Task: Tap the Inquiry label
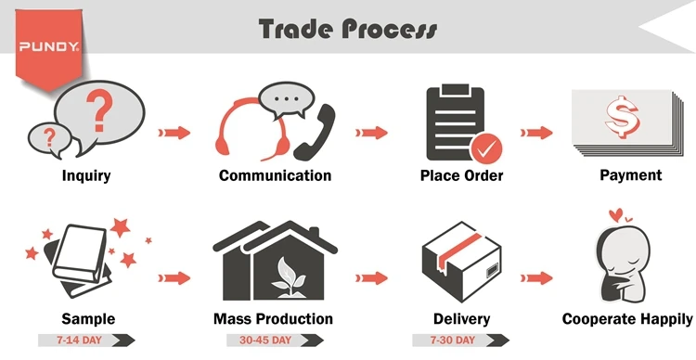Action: [85, 174]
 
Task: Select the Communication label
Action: [275, 174]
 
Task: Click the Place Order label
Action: [461, 174]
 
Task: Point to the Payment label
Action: [630, 174]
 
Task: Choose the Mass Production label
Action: [275, 319]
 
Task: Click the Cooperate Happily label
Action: [627, 319]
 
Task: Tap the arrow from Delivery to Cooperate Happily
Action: [535, 276]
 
